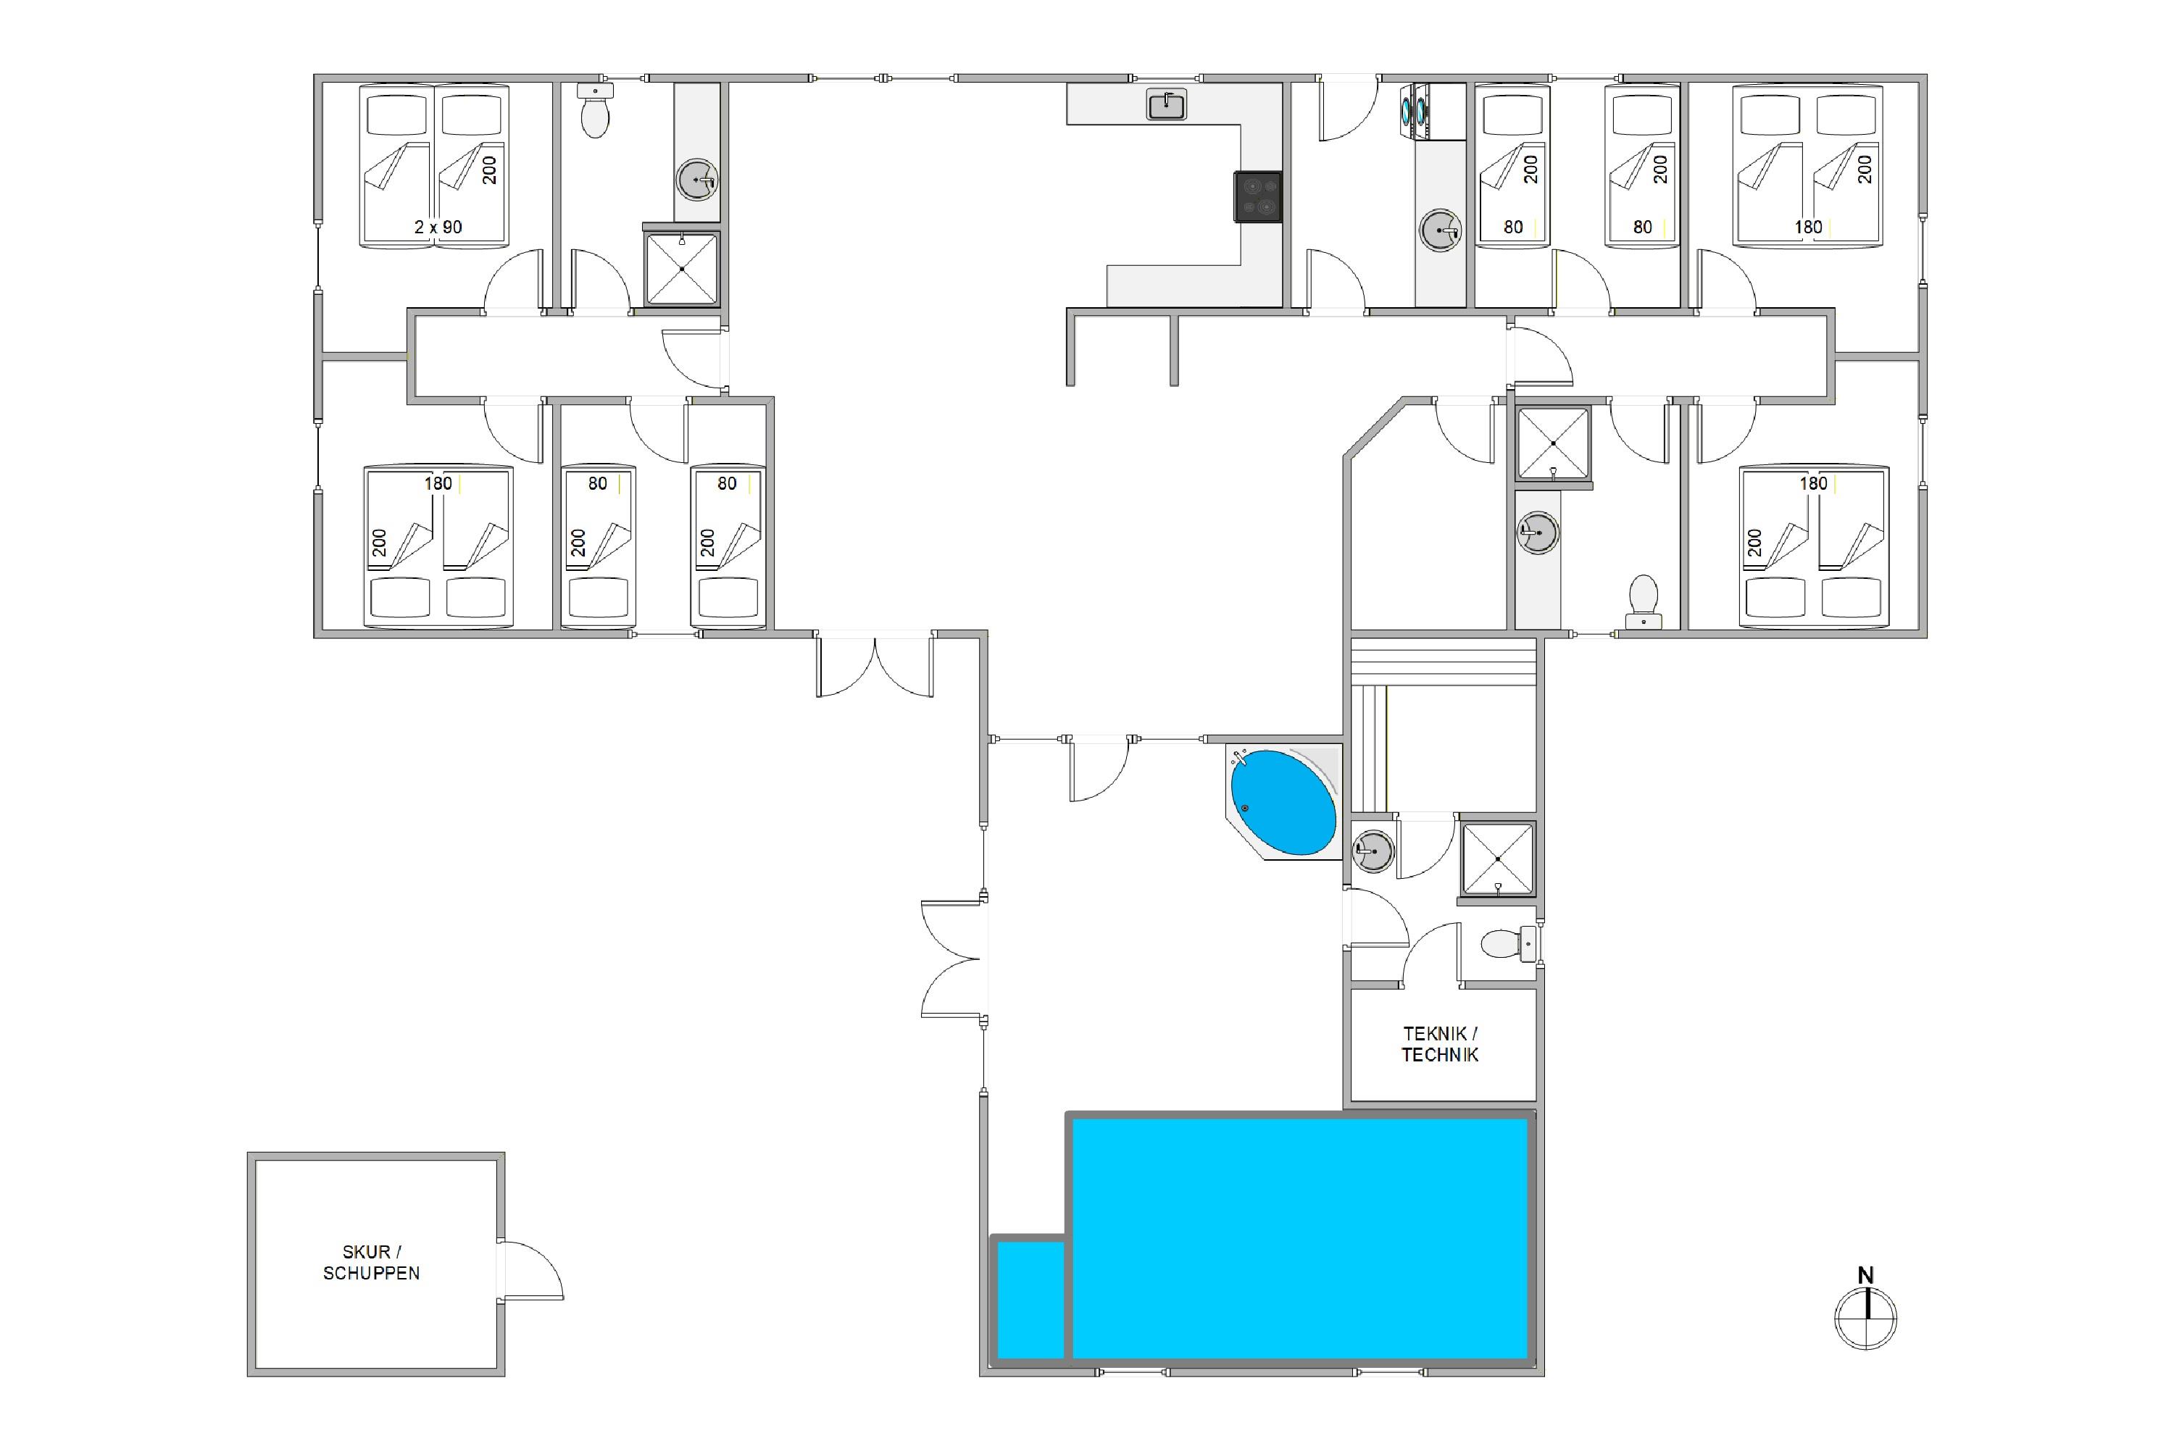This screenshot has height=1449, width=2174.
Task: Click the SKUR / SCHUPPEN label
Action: click(372, 1262)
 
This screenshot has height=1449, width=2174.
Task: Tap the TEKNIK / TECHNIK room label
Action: click(1440, 1044)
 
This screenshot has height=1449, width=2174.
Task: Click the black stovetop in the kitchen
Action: click(1258, 197)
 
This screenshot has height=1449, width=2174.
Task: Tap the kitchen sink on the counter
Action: click(1167, 104)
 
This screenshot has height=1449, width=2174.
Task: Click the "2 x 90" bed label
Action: click(438, 226)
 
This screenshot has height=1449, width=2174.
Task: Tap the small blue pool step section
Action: click(1030, 1299)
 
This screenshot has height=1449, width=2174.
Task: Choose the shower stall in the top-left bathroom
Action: click(682, 269)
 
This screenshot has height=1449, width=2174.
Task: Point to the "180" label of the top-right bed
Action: click(1808, 226)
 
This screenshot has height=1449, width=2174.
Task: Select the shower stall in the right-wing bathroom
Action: click(1554, 443)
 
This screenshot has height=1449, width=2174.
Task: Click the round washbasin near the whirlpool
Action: click(1373, 850)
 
